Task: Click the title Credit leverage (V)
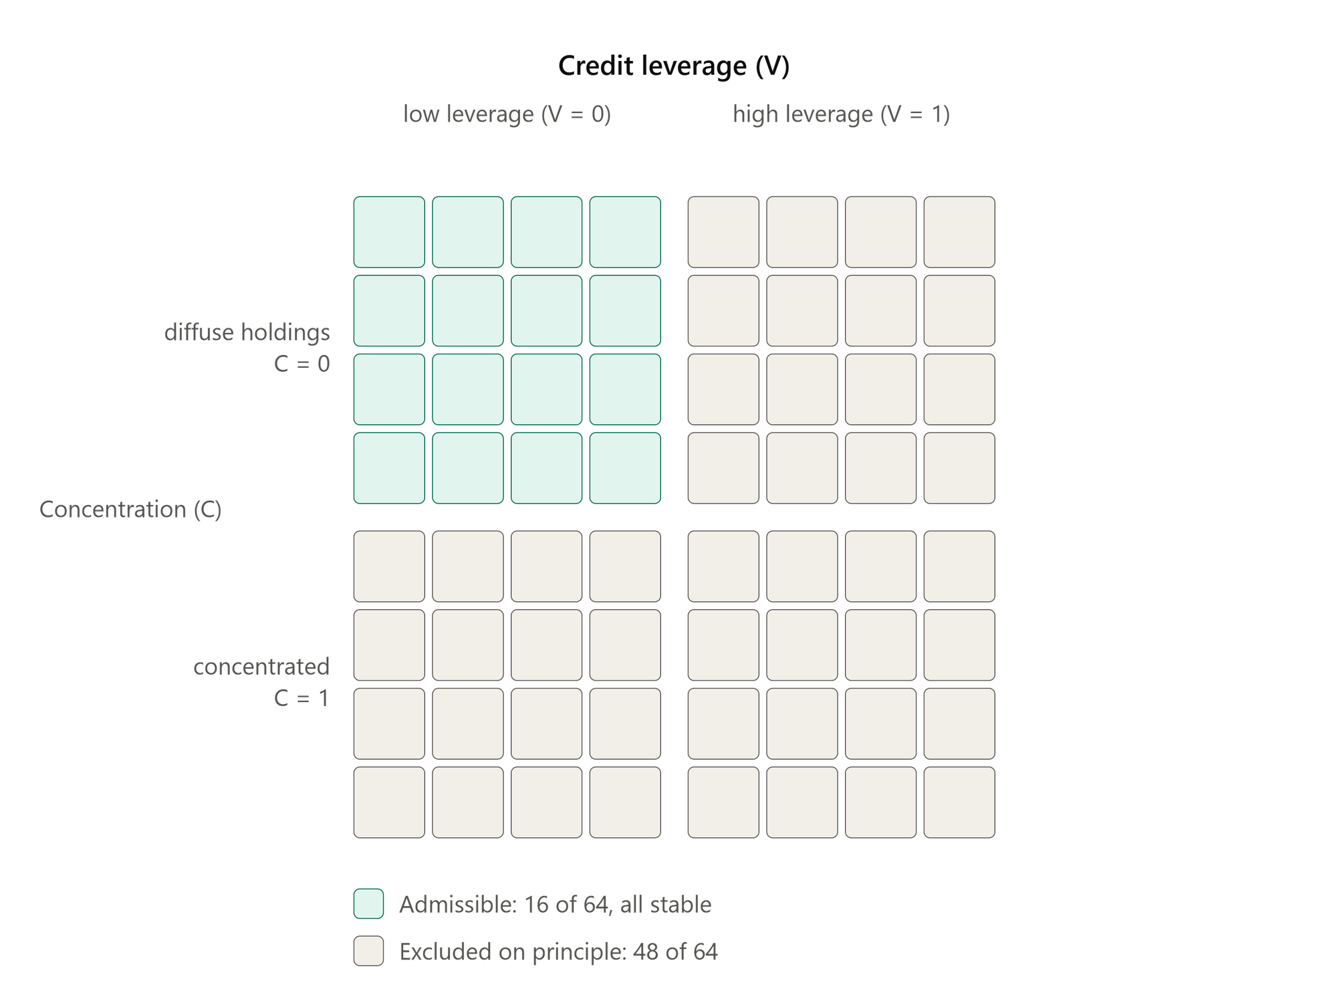point(674,66)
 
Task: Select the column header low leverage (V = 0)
point(507,114)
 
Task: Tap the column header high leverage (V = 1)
point(841,114)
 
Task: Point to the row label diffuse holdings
point(247,332)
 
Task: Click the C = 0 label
point(302,364)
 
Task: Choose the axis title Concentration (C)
point(130,510)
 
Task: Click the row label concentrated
point(261,667)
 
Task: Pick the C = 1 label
point(302,698)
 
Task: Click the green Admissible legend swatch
point(368,904)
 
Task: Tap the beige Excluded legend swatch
point(368,951)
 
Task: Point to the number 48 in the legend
point(645,952)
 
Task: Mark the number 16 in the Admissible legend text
point(536,905)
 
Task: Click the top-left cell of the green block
point(389,232)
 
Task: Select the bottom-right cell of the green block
point(625,468)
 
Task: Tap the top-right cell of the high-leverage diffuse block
point(959,232)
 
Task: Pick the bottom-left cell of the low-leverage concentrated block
point(389,802)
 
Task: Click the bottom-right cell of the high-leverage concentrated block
point(959,802)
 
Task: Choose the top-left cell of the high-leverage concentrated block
point(723,566)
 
